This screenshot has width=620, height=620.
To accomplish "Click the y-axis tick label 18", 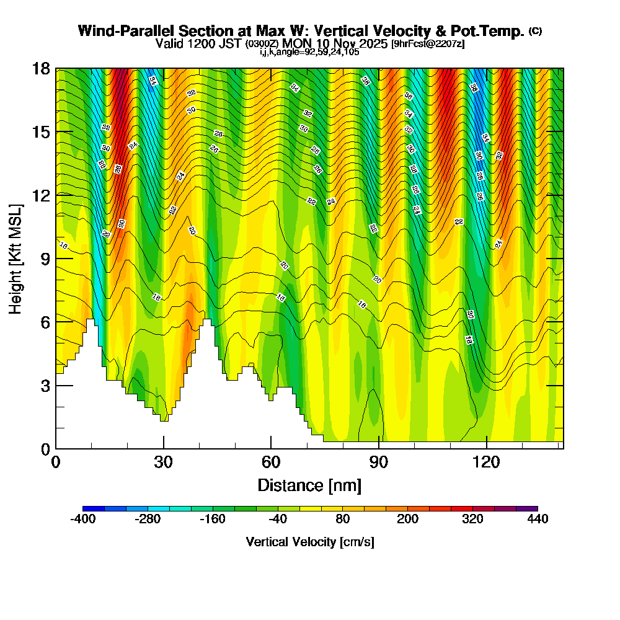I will pyautogui.click(x=41, y=68).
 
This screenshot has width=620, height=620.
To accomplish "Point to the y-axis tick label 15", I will pyautogui.click(x=41, y=132).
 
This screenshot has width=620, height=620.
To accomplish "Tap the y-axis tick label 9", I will pyautogui.click(x=45, y=259).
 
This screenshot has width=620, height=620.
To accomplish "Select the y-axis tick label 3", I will pyautogui.click(x=45, y=385).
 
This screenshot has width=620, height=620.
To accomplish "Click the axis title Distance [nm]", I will pyautogui.click(x=309, y=484).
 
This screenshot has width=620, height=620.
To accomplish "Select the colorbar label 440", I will pyautogui.click(x=538, y=520).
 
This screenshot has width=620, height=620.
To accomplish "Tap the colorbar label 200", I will pyautogui.click(x=407, y=520).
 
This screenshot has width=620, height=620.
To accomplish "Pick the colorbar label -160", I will pyautogui.click(x=213, y=520).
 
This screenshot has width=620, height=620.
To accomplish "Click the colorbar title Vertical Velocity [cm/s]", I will pyautogui.click(x=310, y=542).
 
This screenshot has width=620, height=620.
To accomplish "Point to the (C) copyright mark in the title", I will pyautogui.click(x=535, y=31).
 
